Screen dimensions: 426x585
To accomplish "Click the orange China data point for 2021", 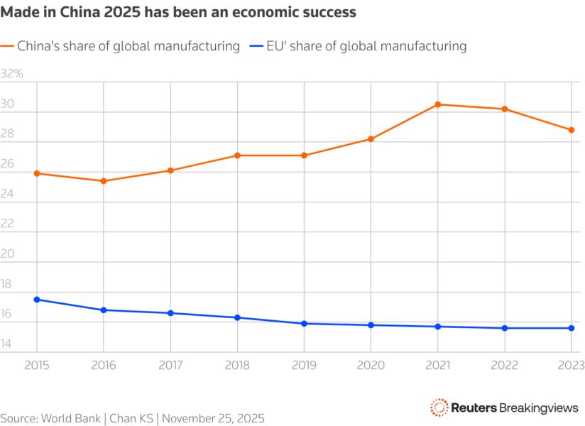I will pos(438,104).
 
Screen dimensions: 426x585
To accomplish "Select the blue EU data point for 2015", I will pos(37,300).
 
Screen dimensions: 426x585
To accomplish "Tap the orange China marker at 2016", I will pos(104,181).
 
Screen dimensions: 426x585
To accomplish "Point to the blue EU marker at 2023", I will pos(572,328).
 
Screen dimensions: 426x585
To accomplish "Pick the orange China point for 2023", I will pos(572,130).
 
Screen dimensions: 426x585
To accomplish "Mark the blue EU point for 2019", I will pos(304,324).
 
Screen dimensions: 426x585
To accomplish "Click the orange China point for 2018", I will pos(237,155).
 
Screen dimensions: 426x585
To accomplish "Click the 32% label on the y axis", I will pos(12,74).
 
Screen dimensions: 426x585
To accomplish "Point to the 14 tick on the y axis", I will pos(7,345).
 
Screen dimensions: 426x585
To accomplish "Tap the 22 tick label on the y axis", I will pos(7,224).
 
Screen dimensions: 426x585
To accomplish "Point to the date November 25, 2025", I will pos(213,417).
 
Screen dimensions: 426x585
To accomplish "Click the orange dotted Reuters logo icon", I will pos(439,407).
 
